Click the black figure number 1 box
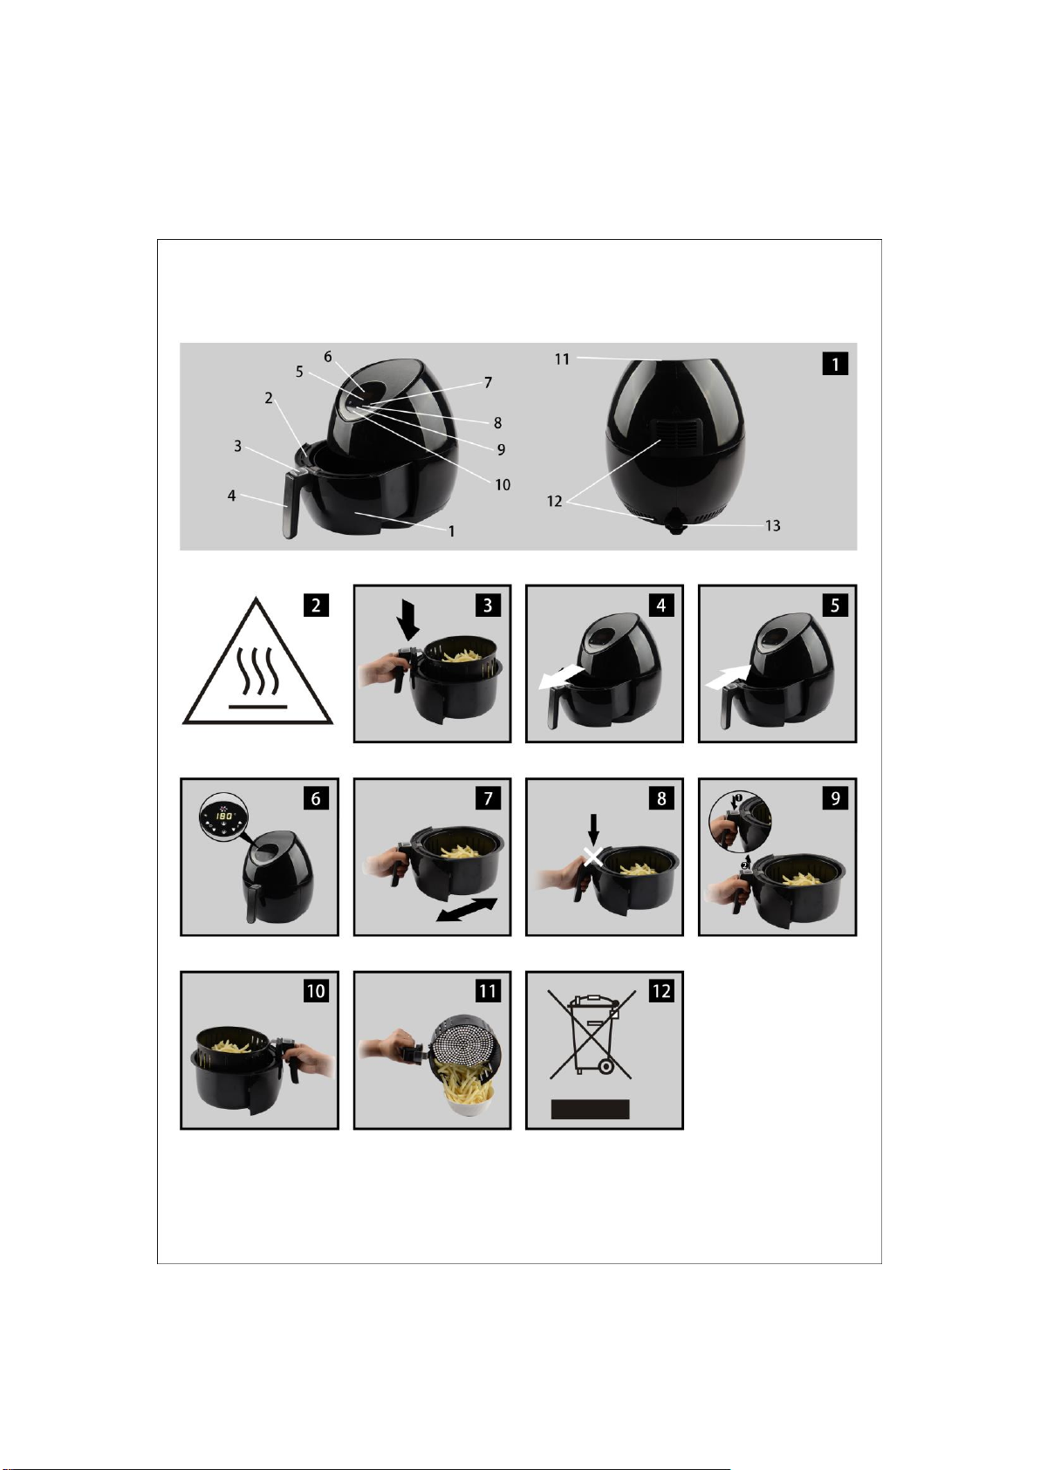[x=835, y=364]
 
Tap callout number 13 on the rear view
[x=772, y=525]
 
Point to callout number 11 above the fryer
[x=563, y=359]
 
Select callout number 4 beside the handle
[x=231, y=496]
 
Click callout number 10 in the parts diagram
[x=503, y=485]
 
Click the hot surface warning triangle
[x=258, y=660]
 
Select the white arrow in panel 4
[x=560, y=677]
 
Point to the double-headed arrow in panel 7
[x=467, y=910]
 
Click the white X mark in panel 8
[x=594, y=857]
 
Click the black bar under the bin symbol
[x=590, y=1109]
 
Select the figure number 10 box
[x=316, y=990]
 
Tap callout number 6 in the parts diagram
[x=327, y=356]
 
